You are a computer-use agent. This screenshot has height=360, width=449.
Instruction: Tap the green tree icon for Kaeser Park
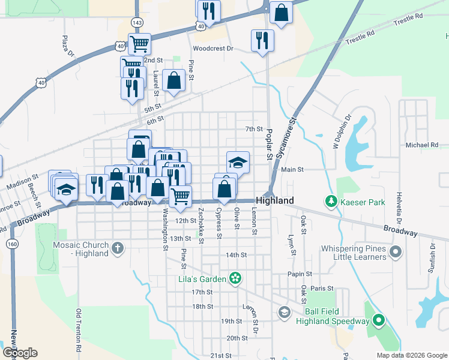(330, 200)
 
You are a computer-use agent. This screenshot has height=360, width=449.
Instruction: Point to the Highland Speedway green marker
(378, 321)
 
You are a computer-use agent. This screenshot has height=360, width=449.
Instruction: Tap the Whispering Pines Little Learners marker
(395, 251)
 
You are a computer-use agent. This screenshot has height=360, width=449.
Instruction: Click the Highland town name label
(274, 200)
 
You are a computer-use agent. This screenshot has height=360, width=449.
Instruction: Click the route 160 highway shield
(11, 244)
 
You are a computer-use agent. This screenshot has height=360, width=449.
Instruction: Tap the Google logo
(20, 353)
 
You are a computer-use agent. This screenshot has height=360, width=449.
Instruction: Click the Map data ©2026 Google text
(411, 355)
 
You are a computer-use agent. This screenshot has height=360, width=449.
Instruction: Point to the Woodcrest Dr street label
(212, 48)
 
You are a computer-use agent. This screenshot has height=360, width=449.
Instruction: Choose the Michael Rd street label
(422, 145)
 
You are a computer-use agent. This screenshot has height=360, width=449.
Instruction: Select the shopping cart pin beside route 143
(139, 43)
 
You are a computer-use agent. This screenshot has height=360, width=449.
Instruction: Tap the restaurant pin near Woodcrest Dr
(262, 40)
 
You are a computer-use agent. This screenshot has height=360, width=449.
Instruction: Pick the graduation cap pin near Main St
(238, 162)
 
